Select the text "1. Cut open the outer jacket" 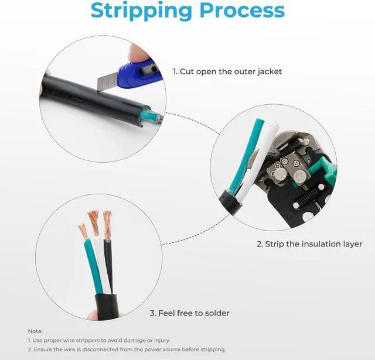(227, 71)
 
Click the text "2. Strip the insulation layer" (309, 244)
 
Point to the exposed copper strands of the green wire (83, 230)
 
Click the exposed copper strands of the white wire (94, 222)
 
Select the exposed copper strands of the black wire (107, 224)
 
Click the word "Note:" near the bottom (35, 331)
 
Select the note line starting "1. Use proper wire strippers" (99, 340)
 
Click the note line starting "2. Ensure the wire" (127, 349)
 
